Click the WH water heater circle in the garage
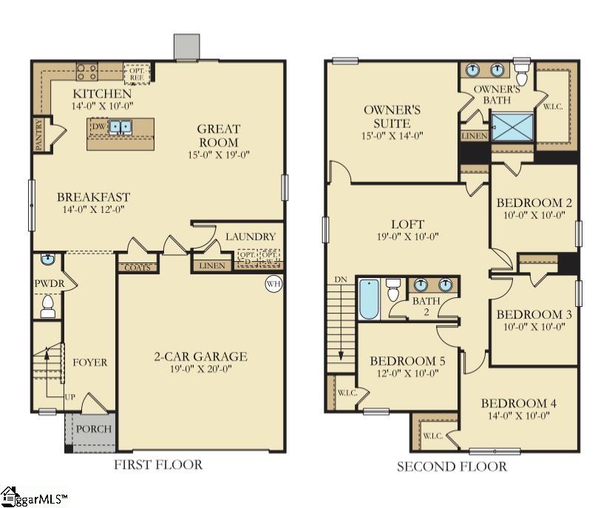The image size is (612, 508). click(273, 284)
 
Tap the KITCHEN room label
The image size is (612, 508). click(102, 94)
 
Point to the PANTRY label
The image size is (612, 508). click(38, 135)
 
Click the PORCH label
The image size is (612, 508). click(94, 429)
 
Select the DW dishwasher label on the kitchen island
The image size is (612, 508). click(98, 127)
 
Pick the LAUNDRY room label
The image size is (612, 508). click(251, 237)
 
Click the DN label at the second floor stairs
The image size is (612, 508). click(341, 280)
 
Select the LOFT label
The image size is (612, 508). click(407, 224)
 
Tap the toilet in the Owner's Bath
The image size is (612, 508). click(522, 75)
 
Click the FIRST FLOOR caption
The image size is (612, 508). click(157, 465)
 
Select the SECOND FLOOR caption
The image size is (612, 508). click(452, 467)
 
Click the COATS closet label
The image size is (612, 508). click(137, 267)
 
